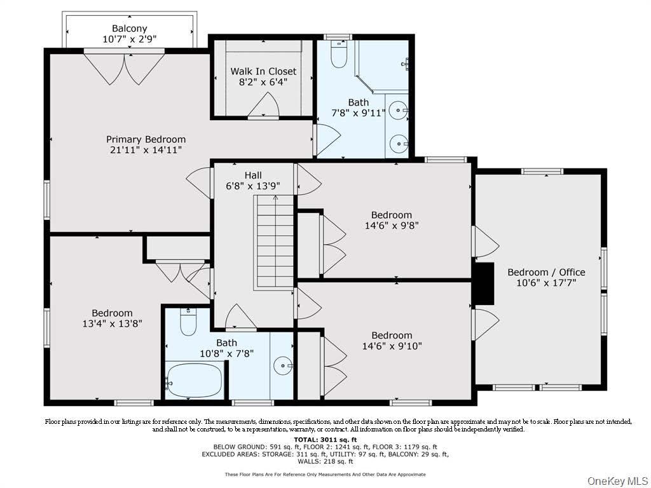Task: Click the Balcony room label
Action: [x=130, y=29]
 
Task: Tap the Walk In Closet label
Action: [x=263, y=71]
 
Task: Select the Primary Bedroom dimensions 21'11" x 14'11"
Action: [x=146, y=150]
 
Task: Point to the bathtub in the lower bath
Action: [x=194, y=380]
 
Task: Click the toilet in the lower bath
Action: [x=188, y=322]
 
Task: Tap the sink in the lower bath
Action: [x=283, y=365]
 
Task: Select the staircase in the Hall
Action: [x=273, y=242]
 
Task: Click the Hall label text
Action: [x=253, y=175]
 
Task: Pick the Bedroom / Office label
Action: [x=546, y=272]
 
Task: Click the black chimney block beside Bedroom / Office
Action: [x=484, y=283]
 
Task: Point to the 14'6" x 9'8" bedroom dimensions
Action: [x=392, y=226]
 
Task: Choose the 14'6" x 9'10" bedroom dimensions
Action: [x=392, y=346]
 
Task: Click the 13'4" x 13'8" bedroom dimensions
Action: [x=112, y=323]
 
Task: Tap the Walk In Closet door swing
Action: [x=263, y=105]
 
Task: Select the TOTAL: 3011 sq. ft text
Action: [x=325, y=440]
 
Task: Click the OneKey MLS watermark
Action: [x=617, y=481]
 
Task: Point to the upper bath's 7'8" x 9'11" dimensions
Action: [x=359, y=113]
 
